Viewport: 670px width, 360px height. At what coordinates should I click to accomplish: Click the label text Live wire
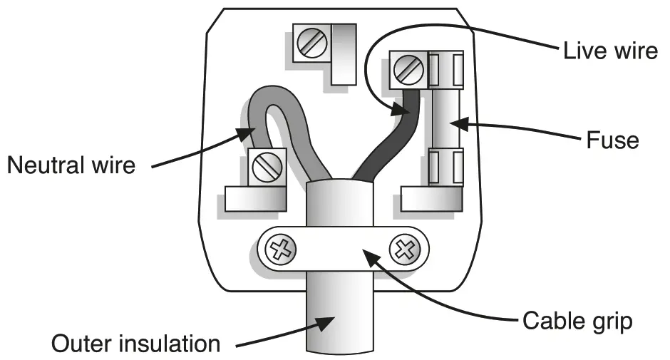click(x=610, y=51)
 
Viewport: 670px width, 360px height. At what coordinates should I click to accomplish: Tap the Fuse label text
click(x=612, y=140)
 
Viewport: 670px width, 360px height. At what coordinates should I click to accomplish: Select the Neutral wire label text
click(x=71, y=166)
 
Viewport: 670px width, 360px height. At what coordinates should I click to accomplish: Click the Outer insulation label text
click(x=135, y=344)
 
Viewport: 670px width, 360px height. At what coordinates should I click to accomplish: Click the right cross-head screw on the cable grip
click(x=404, y=250)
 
